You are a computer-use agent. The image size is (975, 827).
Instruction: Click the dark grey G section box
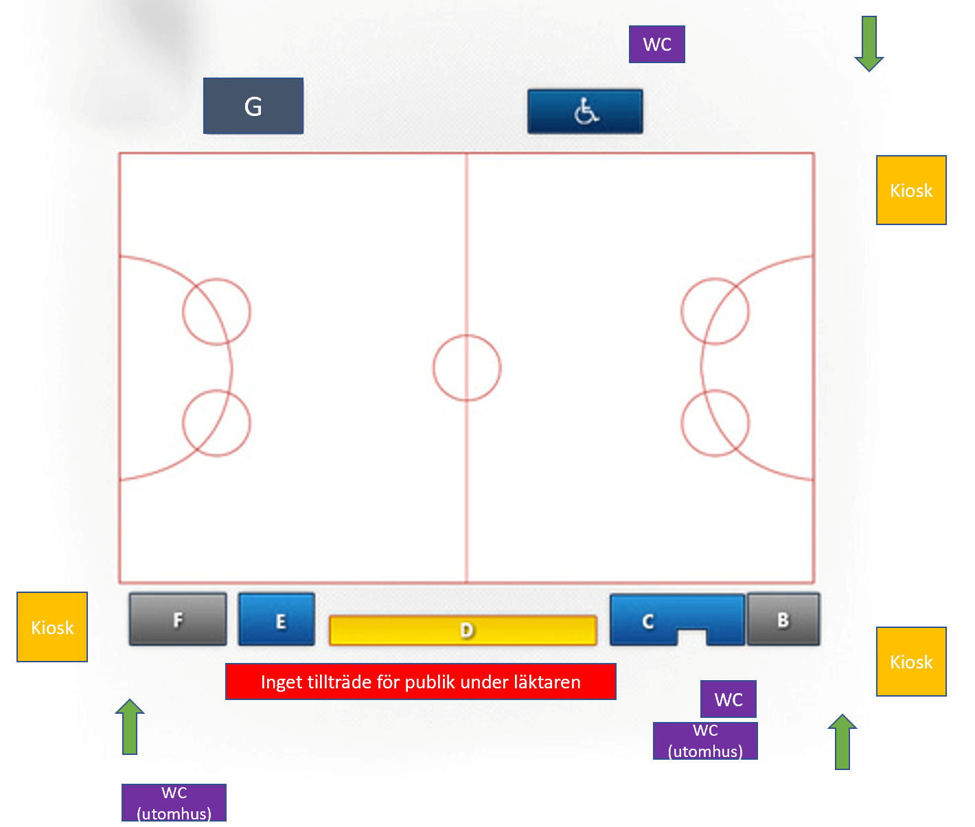[x=253, y=106]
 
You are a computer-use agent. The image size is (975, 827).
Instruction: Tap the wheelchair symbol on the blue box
[x=586, y=111]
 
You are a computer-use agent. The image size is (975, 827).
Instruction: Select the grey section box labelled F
[x=178, y=619]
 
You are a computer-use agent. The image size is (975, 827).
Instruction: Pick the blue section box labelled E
[x=277, y=619]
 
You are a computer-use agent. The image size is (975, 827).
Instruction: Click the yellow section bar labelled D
[x=463, y=630]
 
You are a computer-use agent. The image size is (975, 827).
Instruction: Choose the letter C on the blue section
[x=648, y=622]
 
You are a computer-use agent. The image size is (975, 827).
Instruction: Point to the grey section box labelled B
[x=783, y=619]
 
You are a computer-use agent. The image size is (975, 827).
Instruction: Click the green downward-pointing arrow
[x=869, y=43]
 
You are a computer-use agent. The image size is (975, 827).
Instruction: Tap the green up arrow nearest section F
[x=130, y=727]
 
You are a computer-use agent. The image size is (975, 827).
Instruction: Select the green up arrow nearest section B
[x=842, y=742]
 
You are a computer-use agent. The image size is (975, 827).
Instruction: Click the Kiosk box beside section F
[x=52, y=627]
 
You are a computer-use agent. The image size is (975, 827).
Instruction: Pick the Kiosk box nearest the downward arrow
[x=911, y=190]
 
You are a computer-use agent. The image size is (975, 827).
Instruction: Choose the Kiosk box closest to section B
[x=911, y=662]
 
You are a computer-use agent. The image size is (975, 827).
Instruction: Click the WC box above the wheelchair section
[x=657, y=45]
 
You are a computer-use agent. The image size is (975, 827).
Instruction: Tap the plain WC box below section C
[x=729, y=699]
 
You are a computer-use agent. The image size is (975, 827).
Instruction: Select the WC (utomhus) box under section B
[x=705, y=741]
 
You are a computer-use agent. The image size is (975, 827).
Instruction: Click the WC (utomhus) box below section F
[x=174, y=803]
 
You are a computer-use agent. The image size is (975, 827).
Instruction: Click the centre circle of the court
[x=467, y=335]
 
